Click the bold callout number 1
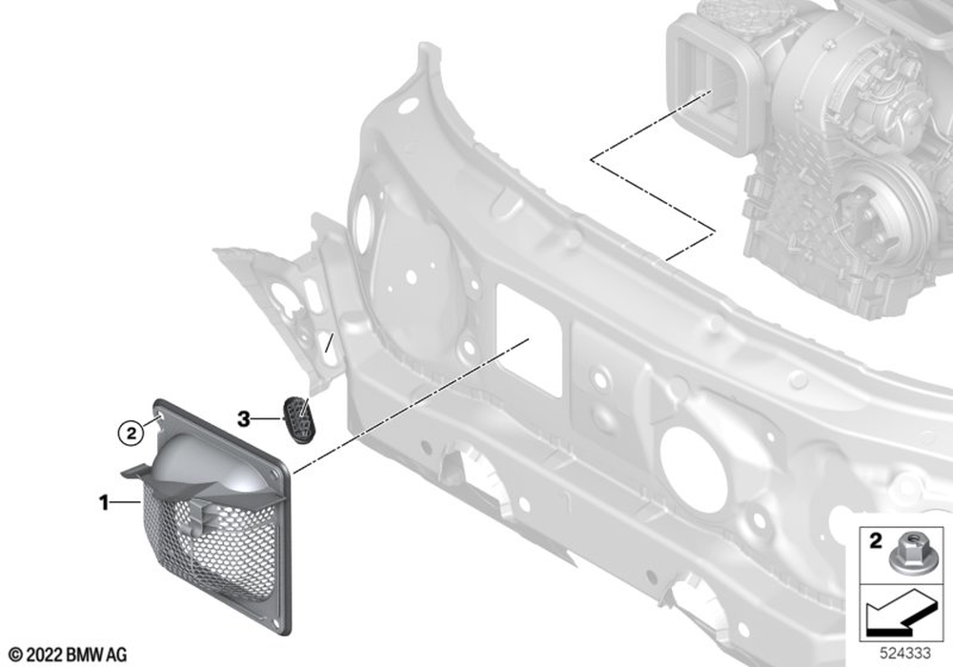point(104,502)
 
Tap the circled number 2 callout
point(130,434)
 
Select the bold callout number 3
point(243,419)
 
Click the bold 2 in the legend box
point(875,540)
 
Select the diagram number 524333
point(905,654)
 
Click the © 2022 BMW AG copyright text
point(68,655)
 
